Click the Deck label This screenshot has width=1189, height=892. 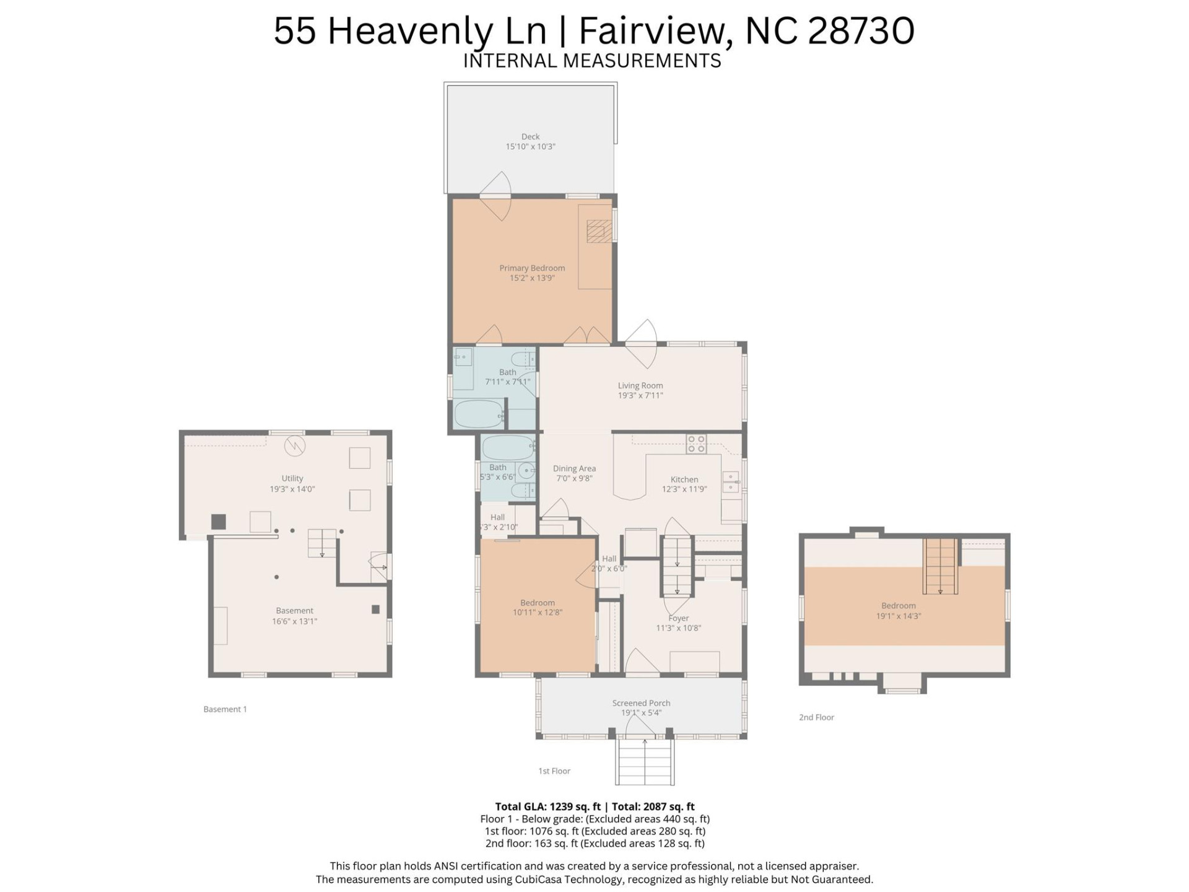click(x=530, y=136)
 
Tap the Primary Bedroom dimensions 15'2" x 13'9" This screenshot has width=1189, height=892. click(x=532, y=278)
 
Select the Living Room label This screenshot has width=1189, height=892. click(x=640, y=385)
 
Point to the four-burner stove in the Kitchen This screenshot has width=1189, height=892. click(x=696, y=444)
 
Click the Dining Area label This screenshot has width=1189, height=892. click(x=574, y=468)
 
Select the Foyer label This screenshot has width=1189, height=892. click(x=678, y=618)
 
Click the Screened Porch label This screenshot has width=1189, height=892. click(x=641, y=703)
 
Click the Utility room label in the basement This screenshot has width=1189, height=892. click(x=292, y=478)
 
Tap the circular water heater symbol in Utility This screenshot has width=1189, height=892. click(x=295, y=446)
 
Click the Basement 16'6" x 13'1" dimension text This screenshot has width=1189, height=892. click(x=295, y=621)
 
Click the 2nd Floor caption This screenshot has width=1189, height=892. click(x=816, y=717)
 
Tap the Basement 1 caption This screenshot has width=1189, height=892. click(x=225, y=709)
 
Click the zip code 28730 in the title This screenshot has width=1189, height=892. click(x=861, y=31)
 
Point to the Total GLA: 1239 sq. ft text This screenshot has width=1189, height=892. click(x=547, y=807)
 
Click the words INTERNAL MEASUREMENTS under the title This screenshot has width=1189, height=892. click(x=592, y=61)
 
